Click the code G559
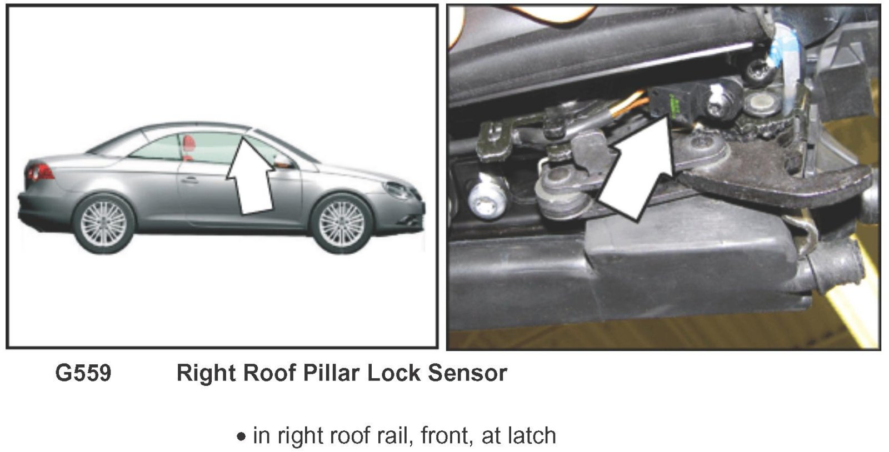83,373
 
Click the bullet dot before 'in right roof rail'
241,437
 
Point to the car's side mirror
283,161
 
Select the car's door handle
190,180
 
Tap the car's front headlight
397,190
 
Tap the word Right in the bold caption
208,373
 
